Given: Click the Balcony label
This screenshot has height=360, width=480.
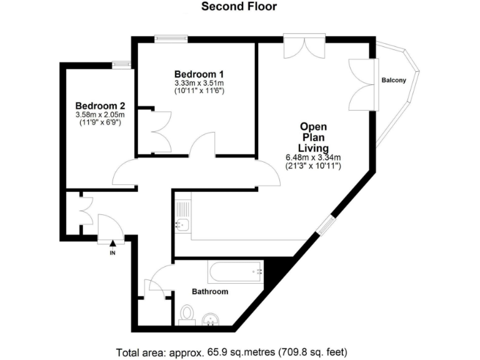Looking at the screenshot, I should click(394, 80).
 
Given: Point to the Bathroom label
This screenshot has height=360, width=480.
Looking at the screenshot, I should click(209, 291).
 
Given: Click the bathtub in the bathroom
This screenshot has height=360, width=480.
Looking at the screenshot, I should click(236, 272).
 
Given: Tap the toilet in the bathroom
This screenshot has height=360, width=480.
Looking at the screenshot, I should click(187, 313).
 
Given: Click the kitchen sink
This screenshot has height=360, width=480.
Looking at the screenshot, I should click(182, 224).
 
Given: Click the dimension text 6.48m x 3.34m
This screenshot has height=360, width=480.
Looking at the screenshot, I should click(322, 157).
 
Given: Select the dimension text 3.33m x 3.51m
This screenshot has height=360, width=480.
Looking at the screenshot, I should click(199, 82).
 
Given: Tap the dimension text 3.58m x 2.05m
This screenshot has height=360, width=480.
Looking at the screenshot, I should click(100, 114).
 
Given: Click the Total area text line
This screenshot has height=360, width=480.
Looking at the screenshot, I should click(239, 351).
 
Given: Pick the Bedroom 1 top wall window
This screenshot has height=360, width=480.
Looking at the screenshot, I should click(171, 39).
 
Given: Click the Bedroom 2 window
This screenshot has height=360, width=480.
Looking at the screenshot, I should click(121, 63).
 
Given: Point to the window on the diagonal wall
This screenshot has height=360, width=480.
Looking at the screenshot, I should click(326, 225).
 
